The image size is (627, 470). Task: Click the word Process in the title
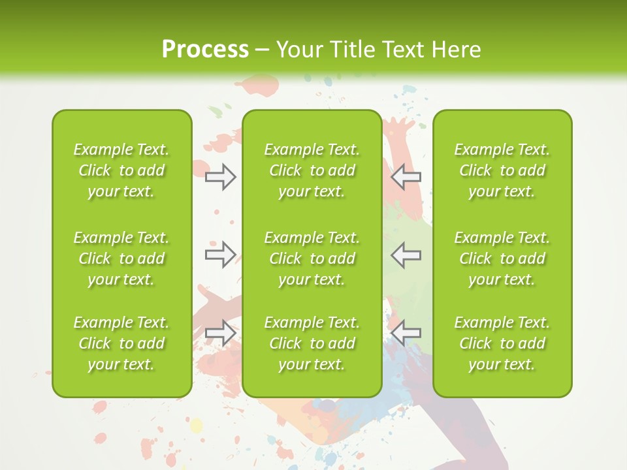click(x=205, y=50)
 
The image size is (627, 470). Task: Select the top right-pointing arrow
click(x=220, y=176)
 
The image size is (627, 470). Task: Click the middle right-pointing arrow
click(x=220, y=254)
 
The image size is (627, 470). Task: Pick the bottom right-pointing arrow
click(x=220, y=332)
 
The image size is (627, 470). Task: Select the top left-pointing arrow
click(x=406, y=176)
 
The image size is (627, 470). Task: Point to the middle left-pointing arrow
click(x=406, y=254)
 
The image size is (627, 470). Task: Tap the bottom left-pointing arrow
click(x=406, y=332)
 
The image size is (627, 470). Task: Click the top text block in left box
click(x=121, y=170)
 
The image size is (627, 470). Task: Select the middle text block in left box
click(x=121, y=258)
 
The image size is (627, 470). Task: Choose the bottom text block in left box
click(x=121, y=343)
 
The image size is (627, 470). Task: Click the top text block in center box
click(x=312, y=170)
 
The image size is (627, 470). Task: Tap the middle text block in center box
click(x=312, y=258)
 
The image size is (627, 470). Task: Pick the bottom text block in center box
click(x=312, y=343)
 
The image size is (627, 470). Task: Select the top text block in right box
click(x=502, y=170)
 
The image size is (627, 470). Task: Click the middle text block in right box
click(x=502, y=258)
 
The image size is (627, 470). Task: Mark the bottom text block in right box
click(x=502, y=343)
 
